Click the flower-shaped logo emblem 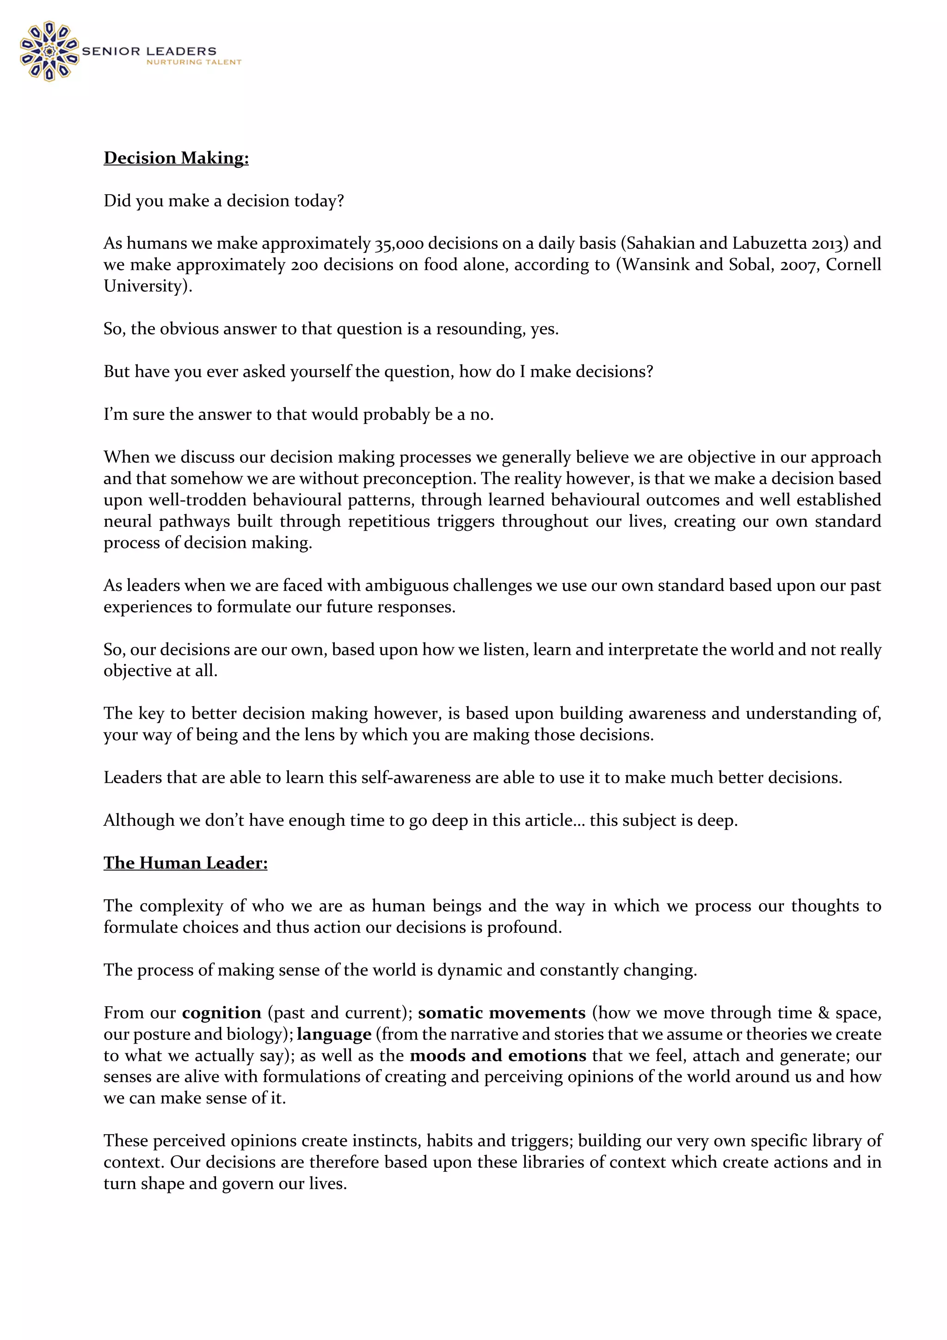point(49,51)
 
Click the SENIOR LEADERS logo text point(149,51)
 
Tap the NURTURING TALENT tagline point(193,62)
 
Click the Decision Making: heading point(176,158)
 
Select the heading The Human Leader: point(185,863)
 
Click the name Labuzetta point(770,243)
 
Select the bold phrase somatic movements point(501,1013)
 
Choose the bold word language point(334,1034)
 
